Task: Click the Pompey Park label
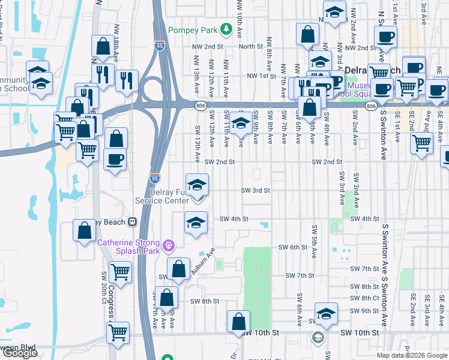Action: pyautogui.click(x=193, y=30)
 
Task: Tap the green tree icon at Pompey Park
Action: pyautogui.click(x=226, y=28)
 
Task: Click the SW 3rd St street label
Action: pyautogui.click(x=256, y=190)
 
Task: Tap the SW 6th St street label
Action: pyautogui.click(x=293, y=247)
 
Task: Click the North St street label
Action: pyautogui.click(x=251, y=46)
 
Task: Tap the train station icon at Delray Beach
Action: pyautogui.click(x=131, y=221)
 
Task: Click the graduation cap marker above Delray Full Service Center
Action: pyautogui.click(x=196, y=187)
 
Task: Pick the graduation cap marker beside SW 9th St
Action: pyautogui.click(x=326, y=314)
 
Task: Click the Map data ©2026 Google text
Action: pyautogui.click(x=412, y=355)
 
